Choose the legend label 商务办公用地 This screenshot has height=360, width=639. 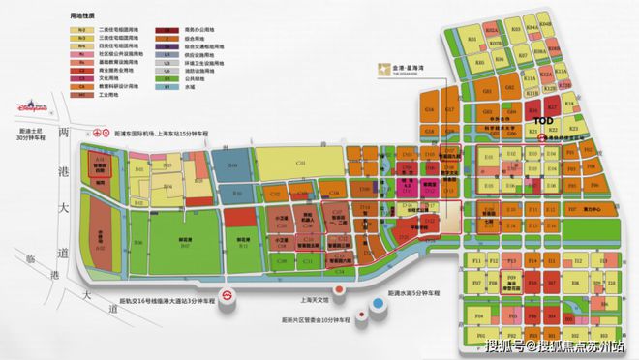pyautogui.click(x=190, y=31)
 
